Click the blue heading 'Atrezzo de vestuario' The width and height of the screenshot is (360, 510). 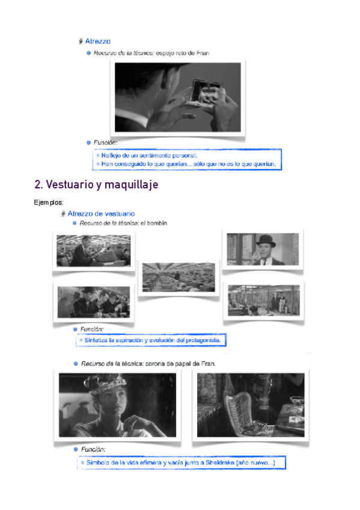click(101, 214)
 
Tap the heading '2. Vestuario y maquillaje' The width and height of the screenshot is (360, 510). click(97, 185)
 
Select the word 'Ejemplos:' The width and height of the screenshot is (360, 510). click(49, 202)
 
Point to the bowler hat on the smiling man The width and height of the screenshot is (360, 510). click(266, 241)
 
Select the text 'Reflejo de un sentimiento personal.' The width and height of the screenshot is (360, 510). click(149, 156)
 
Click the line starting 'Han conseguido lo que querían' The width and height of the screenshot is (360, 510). click(189, 164)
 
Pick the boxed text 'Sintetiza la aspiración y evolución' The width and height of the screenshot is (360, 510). click(153, 340)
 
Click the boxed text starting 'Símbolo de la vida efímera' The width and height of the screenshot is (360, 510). click(181, 462)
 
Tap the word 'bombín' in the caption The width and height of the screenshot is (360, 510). click(157, 223)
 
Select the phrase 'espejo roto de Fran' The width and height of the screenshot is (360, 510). click(182, 53)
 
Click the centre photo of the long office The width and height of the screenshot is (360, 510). click(178, 277)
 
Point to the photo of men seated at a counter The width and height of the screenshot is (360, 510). click(94, 302)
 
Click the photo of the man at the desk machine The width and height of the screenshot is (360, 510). click(94, 251)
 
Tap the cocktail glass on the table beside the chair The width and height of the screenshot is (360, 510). click(297, 404)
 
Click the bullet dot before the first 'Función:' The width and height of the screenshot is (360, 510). click(88, 143)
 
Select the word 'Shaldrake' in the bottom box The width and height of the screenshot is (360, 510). click(220, 462)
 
